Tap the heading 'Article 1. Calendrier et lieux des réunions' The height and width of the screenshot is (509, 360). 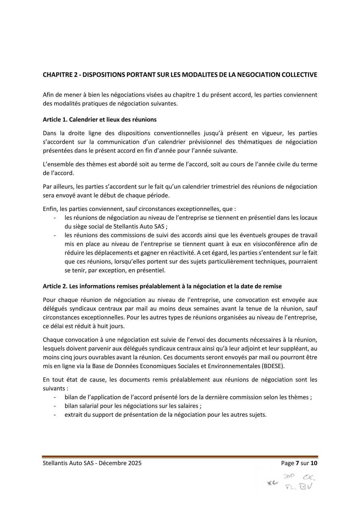(x=100, y=120)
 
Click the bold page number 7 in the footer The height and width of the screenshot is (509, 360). (x=297, y=463)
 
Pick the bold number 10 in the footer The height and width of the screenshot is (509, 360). (x=314, y=463)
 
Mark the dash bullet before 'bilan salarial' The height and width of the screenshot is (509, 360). (x=55, y=406)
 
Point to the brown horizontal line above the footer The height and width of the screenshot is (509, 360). (x=180, y=457)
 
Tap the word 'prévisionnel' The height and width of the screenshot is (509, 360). (x=188, y=142)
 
